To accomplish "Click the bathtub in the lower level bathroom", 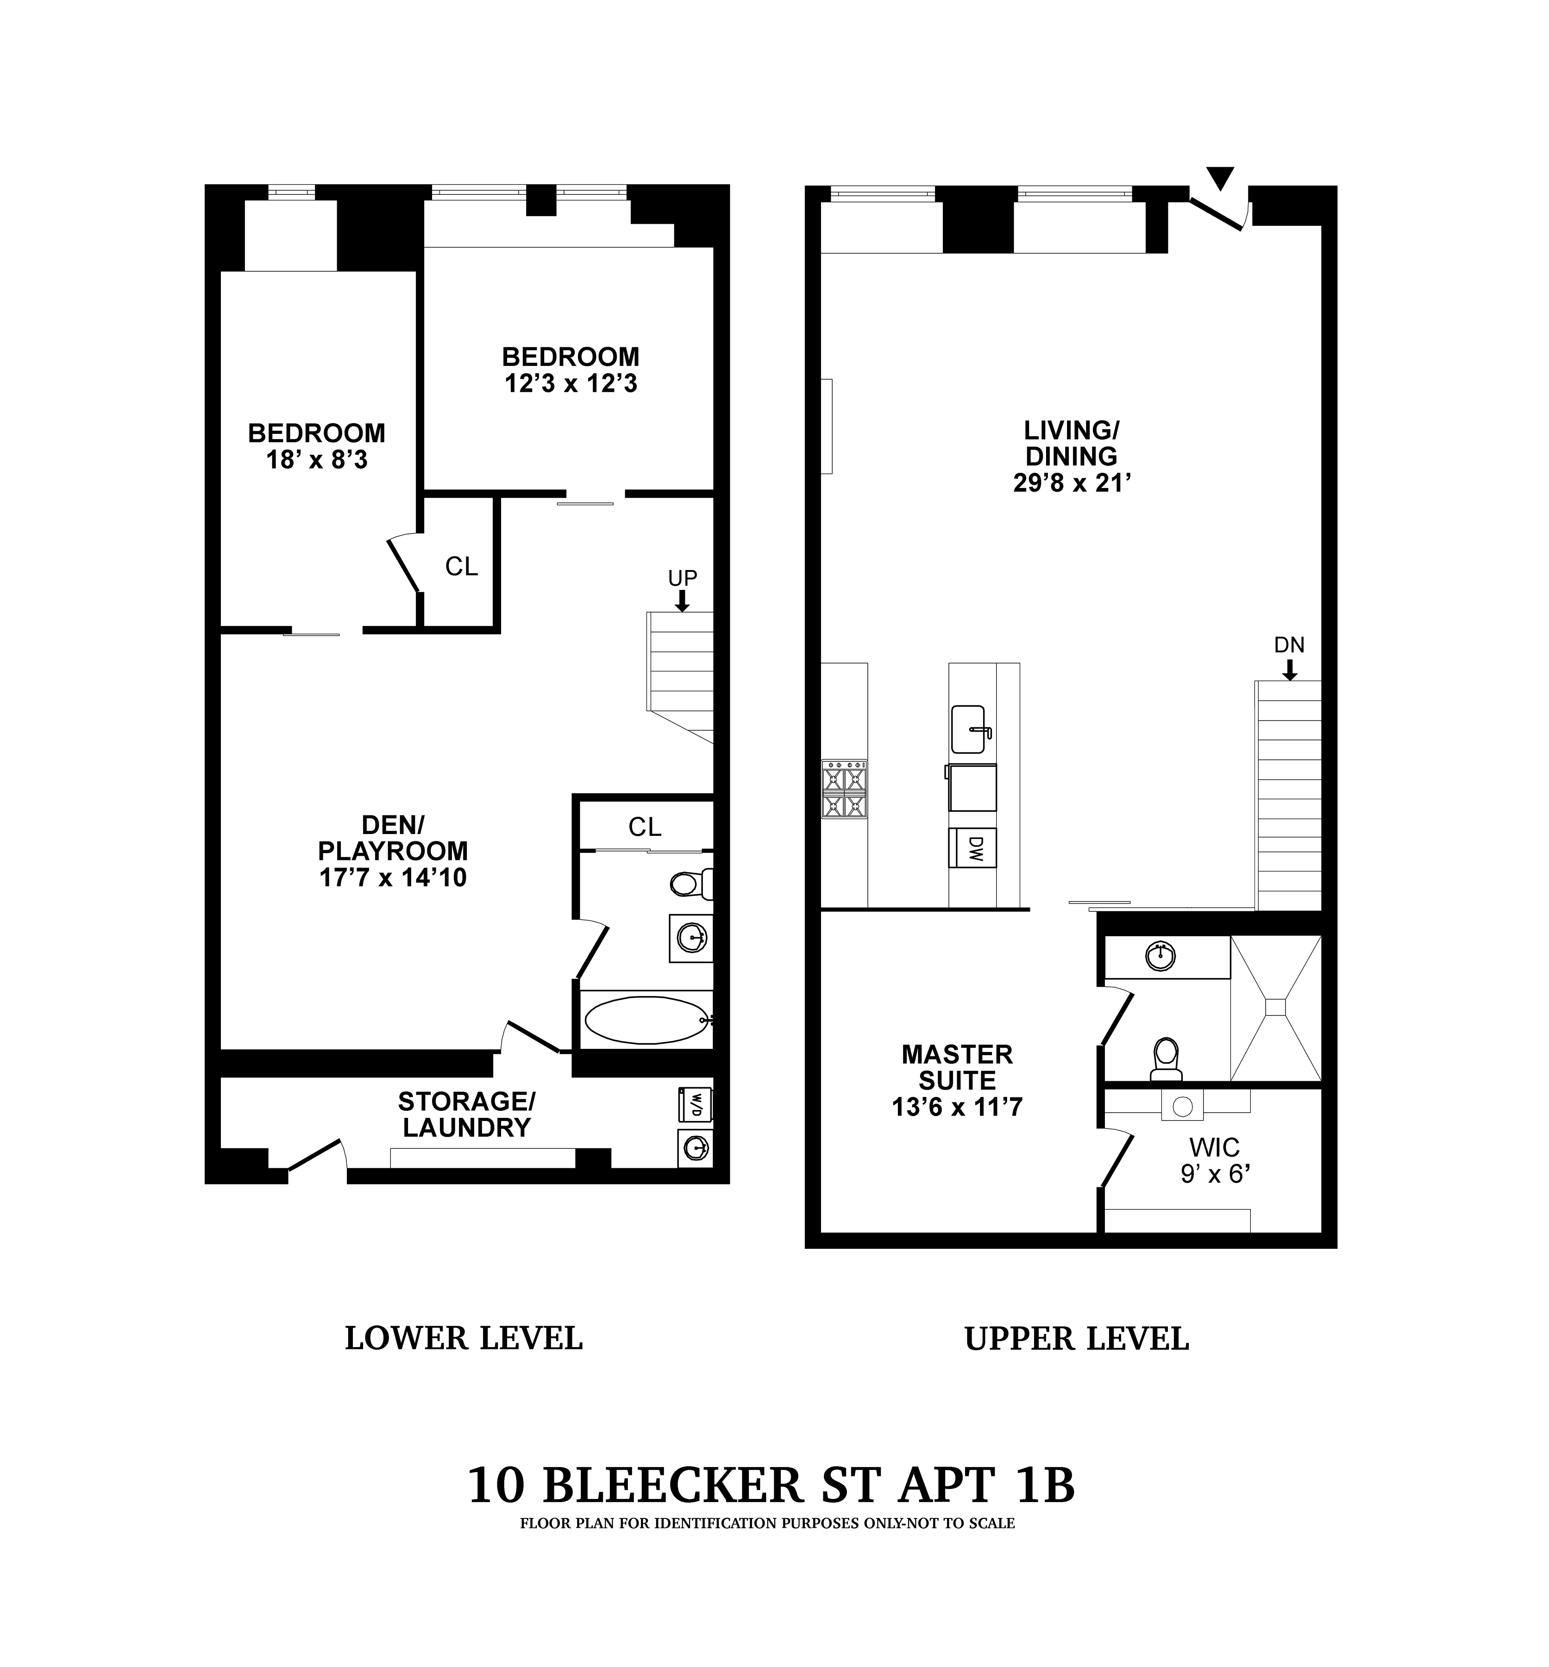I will coord(646,1020).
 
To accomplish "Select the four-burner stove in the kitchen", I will coord(844,789).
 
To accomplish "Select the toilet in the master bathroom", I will coord(1166,1059).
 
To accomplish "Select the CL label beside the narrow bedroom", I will coord(461,567).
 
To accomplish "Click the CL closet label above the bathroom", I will coord(645,827).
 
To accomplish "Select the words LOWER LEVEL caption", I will coord(464,1338).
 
